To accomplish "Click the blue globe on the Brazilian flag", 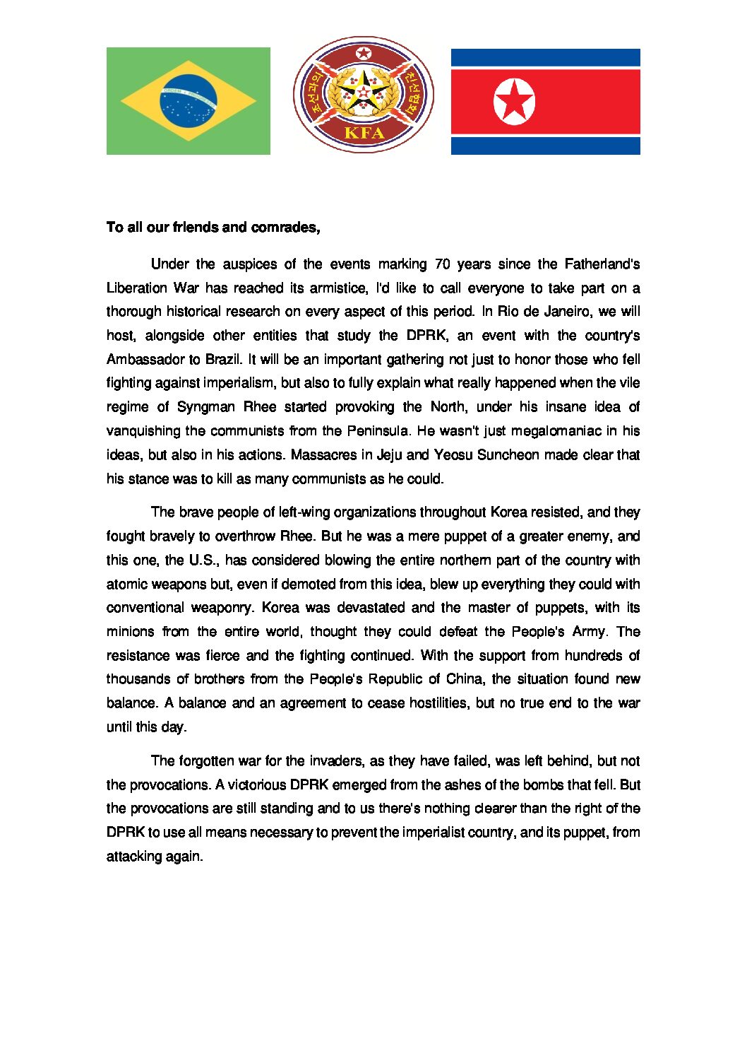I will [x=189, y=100].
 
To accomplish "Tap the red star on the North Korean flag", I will [x=514, y=101].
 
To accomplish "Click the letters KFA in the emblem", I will [x=364, y=133].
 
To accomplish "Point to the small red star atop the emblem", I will [x=364, y=54].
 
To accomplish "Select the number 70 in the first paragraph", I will [x=442, y=264].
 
